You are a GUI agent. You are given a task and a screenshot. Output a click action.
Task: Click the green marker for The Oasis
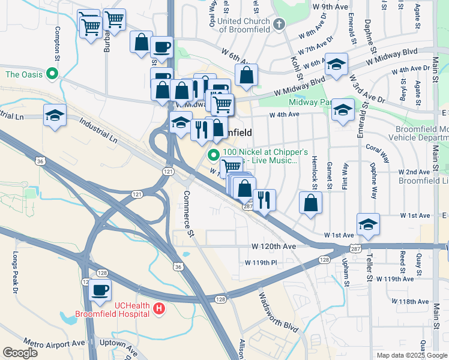click(x=52, y=75)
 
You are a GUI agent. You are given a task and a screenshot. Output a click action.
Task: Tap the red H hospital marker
click(x=158, y=310)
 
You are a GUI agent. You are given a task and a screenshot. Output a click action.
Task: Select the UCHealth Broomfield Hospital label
click(x=112, y=309)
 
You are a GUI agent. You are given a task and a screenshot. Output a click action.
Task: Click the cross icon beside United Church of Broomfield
click(x=277, y=25)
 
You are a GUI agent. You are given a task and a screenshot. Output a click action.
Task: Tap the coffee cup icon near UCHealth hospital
click(x=100, y=290)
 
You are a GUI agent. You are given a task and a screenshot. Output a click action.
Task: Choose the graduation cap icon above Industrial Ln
click(x=55, y=115)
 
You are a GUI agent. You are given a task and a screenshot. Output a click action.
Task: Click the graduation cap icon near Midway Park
click(x=343, y=110)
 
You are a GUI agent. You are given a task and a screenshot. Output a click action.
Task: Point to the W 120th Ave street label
click(x=274, y=247)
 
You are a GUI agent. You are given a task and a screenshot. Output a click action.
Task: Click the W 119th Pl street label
click(x=261, y=263)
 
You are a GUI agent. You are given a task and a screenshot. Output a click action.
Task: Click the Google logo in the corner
click(x=20, y=353)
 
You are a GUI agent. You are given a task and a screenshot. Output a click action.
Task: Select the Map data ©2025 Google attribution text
click(x=412, y=355)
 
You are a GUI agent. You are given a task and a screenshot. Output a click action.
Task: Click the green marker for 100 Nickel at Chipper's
click(x=213, y=155)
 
